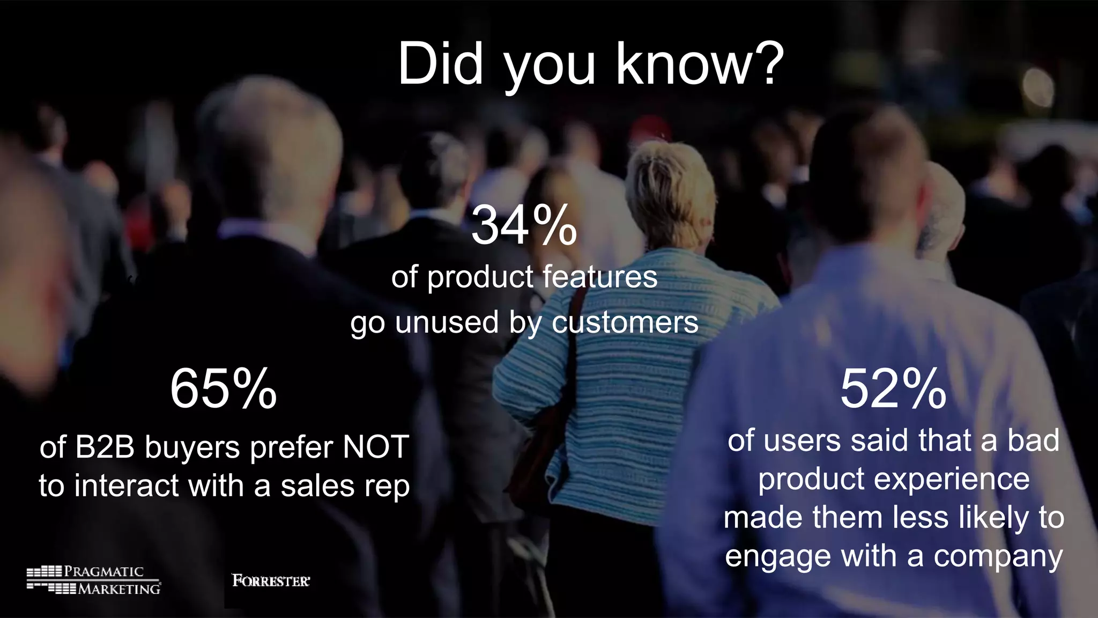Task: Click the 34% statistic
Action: coord(524,226)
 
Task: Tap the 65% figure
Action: coord(223,389)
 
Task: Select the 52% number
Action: coord(893,389)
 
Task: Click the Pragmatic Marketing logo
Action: coord(94,580)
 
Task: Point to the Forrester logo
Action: coord(271,580)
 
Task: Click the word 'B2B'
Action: coord(105,447)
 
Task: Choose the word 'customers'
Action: coord(625,323)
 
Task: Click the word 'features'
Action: coord(599,277)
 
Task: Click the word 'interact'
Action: coord(127,486)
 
